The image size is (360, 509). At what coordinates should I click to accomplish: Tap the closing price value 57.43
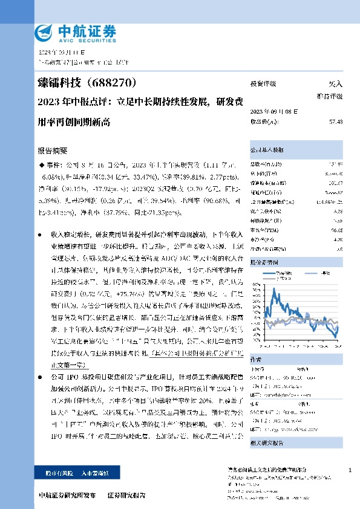(336, 122)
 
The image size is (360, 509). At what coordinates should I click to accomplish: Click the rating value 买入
(336, 84)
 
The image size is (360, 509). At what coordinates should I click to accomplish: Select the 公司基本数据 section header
(267, 150)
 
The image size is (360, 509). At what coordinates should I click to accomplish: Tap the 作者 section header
(256, 358)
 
